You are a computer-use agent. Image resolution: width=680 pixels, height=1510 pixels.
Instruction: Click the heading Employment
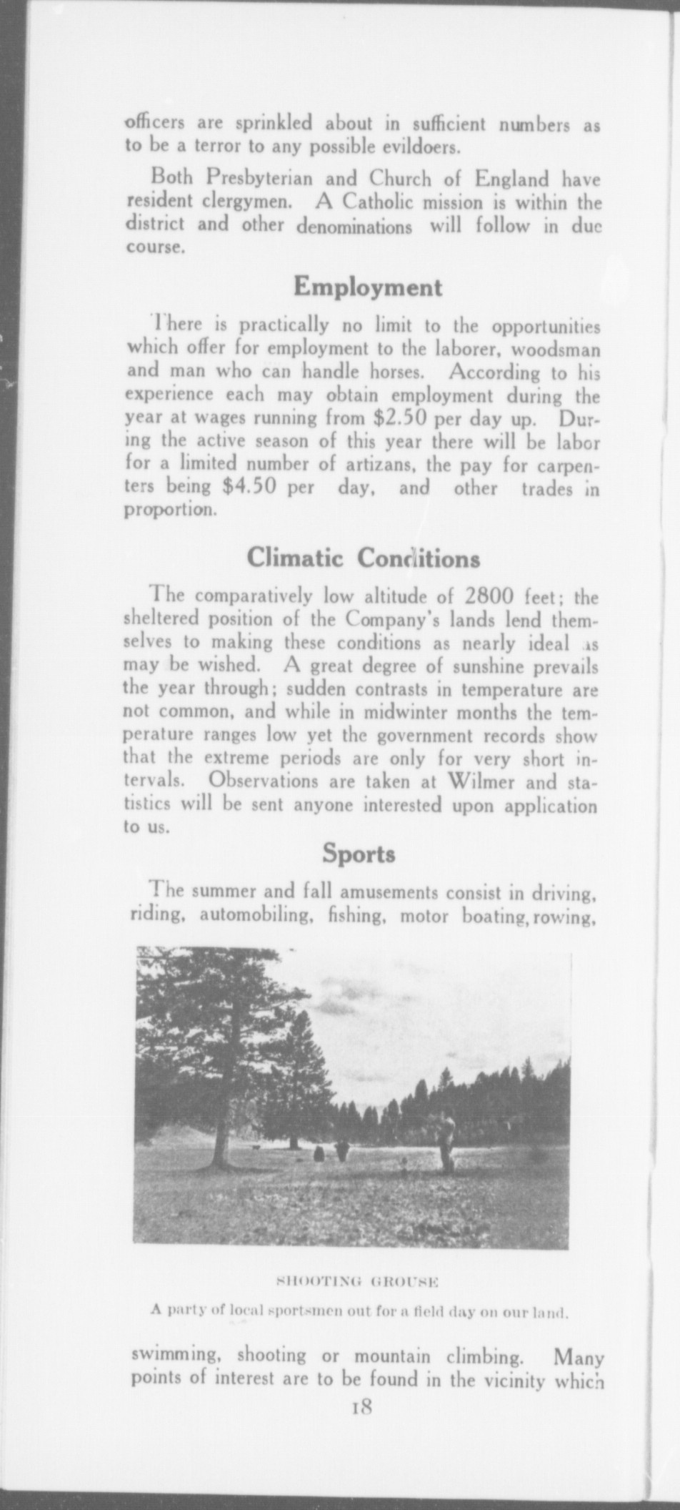pos(368,287)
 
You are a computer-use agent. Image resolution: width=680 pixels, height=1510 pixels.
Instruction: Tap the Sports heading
pos(359,854)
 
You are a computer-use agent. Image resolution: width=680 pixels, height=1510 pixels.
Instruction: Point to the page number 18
pos(359,1408)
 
